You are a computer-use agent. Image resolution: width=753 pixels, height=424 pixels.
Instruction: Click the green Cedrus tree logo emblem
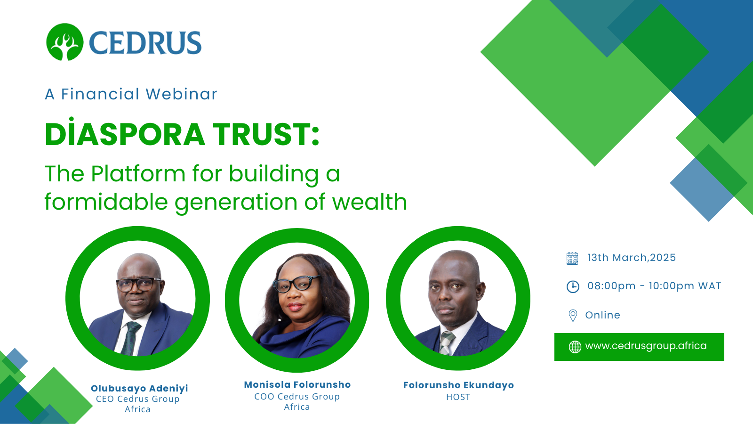[64, 42]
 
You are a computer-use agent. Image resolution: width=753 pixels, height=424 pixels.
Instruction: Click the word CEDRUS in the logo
[145, 43]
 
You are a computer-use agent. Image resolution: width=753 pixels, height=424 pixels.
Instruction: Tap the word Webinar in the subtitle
[182, 94]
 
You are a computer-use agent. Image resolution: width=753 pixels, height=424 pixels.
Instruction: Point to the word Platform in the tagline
[138, 174]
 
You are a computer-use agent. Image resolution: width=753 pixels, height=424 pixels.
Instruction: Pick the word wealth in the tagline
[369, 202]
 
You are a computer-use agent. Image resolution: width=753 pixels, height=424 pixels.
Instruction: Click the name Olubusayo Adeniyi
[139, 388]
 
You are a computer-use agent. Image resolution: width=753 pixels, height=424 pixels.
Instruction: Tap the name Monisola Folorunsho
[297, 384]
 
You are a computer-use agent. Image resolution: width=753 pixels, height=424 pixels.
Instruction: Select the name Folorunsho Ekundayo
[458, 385]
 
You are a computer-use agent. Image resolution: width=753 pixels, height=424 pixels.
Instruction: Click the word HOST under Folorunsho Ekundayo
[458, 397]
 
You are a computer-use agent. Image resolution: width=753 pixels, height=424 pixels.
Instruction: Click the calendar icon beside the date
[572, 259]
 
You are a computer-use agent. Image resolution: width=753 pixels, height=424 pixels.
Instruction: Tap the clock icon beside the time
[573, 287]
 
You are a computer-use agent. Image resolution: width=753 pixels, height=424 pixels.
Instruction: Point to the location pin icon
[573, 316]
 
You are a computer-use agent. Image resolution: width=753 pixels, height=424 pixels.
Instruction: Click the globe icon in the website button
[575, 347]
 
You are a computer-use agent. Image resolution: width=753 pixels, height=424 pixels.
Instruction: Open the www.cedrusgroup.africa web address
[646, 346]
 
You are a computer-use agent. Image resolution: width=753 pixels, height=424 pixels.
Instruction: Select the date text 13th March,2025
[631, 258]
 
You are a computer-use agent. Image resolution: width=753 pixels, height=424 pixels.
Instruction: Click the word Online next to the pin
[603, 315]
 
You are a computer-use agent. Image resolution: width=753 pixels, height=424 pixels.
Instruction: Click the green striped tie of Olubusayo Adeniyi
[130, 338]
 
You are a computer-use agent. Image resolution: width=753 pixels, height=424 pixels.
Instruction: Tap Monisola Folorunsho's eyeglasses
[296, 284]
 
